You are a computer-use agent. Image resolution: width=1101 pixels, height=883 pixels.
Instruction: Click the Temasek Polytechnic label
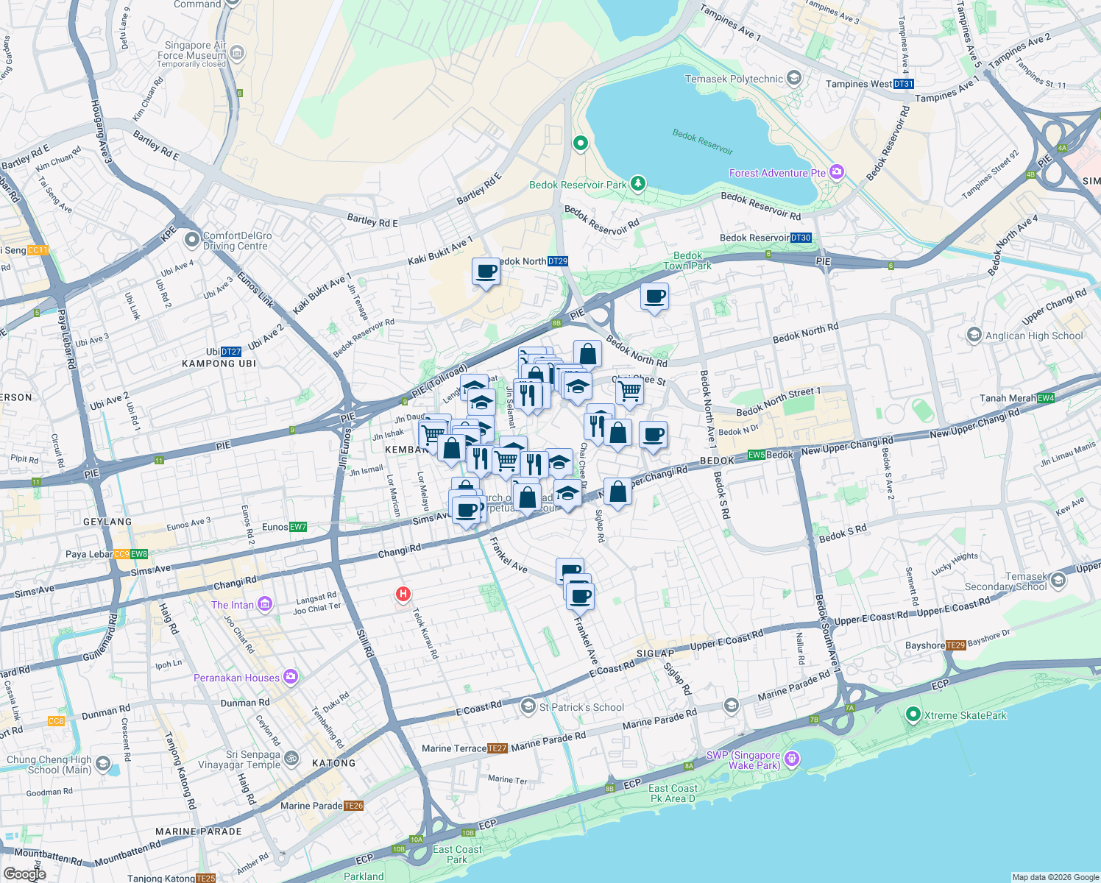tap(734, 79)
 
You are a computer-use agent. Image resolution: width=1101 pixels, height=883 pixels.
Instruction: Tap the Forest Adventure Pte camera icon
tap(836, 172)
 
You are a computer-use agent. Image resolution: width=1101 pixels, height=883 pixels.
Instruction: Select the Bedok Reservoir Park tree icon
tap(638, 183)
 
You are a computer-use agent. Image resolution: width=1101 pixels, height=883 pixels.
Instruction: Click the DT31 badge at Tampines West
tap(903, 84)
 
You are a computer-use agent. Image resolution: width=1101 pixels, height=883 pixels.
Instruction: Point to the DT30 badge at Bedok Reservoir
tap(800, 238)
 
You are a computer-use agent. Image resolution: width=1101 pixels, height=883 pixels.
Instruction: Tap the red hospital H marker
tap(403, 594)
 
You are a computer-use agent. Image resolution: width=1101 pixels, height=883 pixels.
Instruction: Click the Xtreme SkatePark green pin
tap(913, 714)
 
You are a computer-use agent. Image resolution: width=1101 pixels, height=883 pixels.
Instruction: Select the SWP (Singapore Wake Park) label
tap(743, 760)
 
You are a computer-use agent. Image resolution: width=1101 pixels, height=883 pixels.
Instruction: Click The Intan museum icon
tap(264, 605)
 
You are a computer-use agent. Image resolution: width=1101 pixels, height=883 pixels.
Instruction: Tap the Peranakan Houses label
tap(236, 678)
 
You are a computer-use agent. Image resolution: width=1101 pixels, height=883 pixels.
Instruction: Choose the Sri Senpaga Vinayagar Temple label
tap(243, 759)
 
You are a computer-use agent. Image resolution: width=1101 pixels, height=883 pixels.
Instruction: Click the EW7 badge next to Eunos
tap(298, 527)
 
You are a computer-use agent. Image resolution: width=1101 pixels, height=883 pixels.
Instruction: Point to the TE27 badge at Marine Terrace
tap(498, 748)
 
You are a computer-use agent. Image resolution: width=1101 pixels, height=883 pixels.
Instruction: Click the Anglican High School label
tap(1034, 336)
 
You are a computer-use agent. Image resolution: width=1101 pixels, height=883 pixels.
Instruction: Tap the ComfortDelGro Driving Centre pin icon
tap(192, 239)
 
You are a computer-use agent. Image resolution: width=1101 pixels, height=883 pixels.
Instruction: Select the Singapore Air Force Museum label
tap(192, 50)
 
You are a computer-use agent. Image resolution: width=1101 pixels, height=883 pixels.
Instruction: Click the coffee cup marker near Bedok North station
tap(486, 272)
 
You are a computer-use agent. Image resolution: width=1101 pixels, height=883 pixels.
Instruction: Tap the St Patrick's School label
tap(581, 707)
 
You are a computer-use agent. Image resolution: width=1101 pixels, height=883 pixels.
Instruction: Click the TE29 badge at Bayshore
tap(955, 645)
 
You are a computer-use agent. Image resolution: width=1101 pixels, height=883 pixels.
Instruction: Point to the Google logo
tap(24, 873)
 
